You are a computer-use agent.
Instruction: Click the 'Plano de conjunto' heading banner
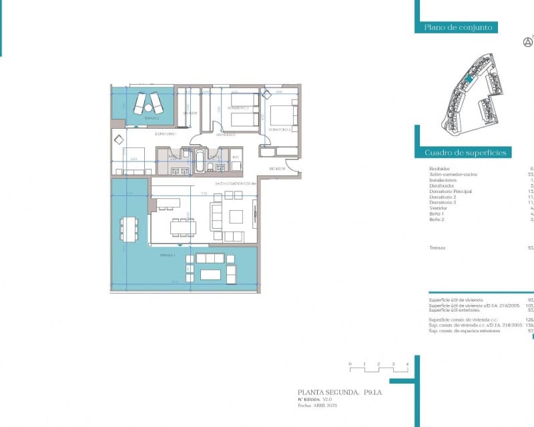pos(458,27)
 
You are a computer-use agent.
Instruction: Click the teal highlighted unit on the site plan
pos(469,79)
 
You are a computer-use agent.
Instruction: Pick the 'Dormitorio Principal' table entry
pos(451,191)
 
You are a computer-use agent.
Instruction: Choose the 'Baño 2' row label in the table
pos(437,219)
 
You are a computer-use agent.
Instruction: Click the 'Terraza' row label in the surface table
pos(438,248)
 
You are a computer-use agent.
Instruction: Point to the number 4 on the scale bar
pos(407,364)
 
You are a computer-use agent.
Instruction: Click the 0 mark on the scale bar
pos(350,364)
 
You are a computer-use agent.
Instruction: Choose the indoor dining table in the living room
pos(183,228)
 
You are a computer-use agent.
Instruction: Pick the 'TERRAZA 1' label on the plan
pos(168,256)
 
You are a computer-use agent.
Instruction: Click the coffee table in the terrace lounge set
pos(210,274)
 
